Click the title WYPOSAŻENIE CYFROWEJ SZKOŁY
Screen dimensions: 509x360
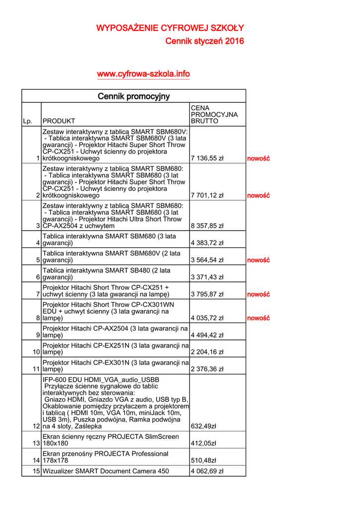click(x=170, y=28)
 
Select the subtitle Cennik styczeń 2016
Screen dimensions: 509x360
click(x=204, y=41)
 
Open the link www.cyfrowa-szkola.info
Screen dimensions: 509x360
click(x=143, y=74)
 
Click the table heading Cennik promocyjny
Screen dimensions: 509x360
click(x=133, y=96)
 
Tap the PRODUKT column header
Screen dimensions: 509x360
click(x=59, y=121)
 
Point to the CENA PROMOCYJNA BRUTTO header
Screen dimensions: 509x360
click(x=214, y=114)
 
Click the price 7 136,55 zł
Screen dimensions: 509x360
click(x=207, y=159)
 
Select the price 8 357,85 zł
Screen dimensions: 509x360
click(x=207, y=226)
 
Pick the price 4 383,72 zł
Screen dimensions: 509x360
click(x=207, y=243)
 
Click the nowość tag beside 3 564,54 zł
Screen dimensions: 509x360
click(x=258, y=260)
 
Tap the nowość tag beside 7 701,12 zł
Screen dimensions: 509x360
click(x=258, y=195)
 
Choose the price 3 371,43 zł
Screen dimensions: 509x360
click(x=207, y=277)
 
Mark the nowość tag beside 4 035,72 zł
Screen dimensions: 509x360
click(x=258, y=318)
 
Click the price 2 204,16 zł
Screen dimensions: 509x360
click(x=207, y=352)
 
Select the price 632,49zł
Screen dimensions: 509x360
click(x=204, y=426)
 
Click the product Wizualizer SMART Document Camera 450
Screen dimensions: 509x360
click(x=106, y=471)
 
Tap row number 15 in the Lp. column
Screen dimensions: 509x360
click(x=36, y=471)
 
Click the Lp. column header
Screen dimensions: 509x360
click(x=27, y=121)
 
